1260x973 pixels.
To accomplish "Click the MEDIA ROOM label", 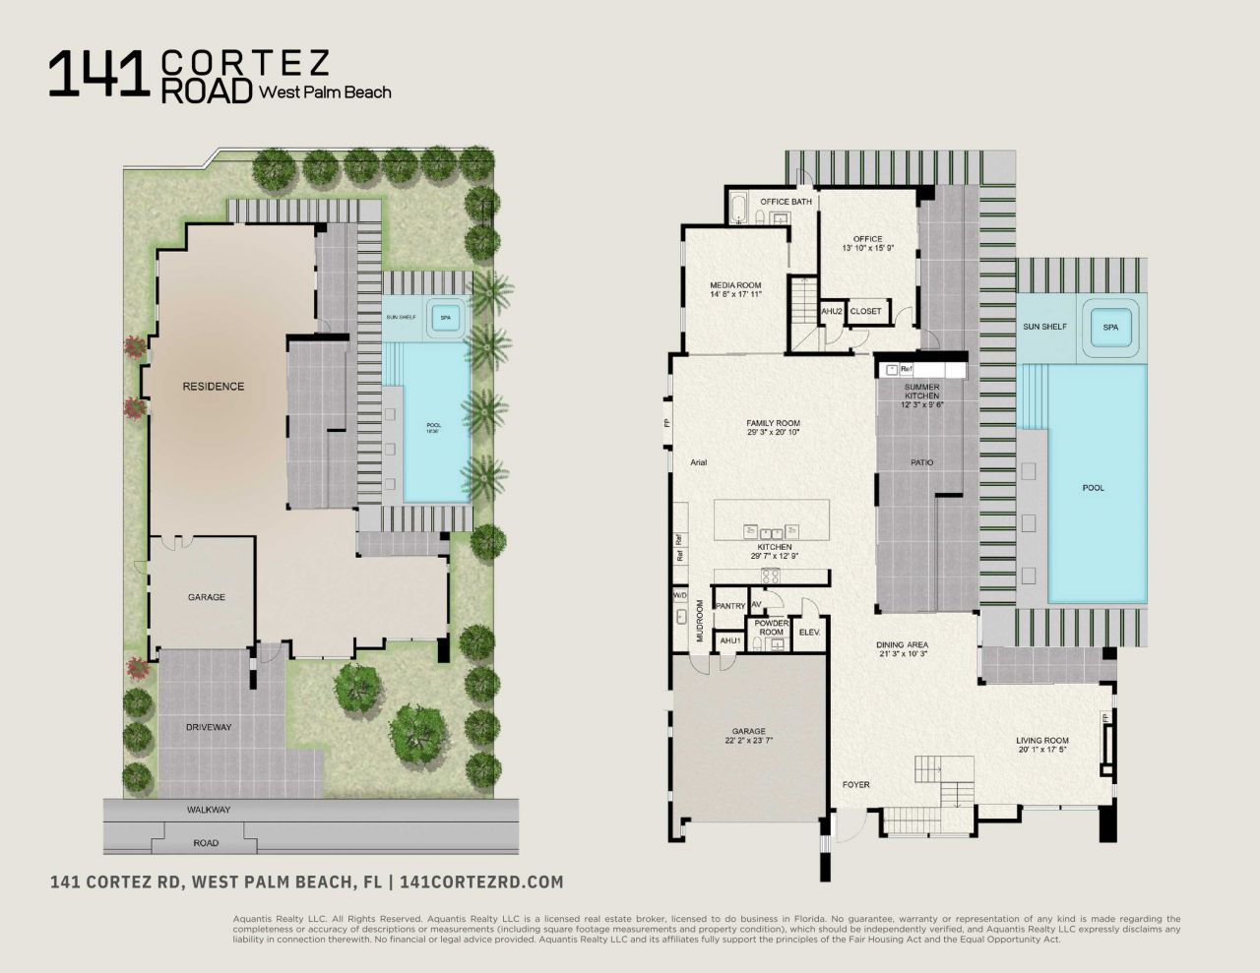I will [x=735, y=285].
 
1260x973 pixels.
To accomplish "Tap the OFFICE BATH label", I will [x=786, y=202].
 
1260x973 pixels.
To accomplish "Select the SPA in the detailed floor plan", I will [x=1110, y=327].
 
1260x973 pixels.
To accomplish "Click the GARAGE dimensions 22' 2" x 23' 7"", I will [x=748, y=742].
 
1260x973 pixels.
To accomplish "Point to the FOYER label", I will [x=855, y=784].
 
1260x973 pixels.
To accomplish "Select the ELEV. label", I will [x=810, y=632].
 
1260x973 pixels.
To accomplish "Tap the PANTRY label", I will [x=729, y=606].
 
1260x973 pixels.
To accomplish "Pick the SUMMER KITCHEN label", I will [x=921, y=391].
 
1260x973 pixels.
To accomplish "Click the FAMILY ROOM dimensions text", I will [x=773, y=432].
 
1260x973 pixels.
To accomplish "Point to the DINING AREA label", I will [x=902, y=645].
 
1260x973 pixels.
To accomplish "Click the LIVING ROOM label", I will [x=1042, y=741].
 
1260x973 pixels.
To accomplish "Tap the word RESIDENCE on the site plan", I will [x=213, y=387].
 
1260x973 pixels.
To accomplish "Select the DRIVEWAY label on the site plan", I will [x=208, y=727].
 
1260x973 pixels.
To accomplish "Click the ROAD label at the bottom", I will [x=206, y=843].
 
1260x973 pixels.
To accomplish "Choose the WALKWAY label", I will [x=208, y=810].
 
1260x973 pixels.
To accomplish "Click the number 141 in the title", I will [x=98, y=75].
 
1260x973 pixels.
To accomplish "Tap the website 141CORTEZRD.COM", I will [x=483, y=882].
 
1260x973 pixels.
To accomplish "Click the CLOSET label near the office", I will [x=865, y=312].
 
